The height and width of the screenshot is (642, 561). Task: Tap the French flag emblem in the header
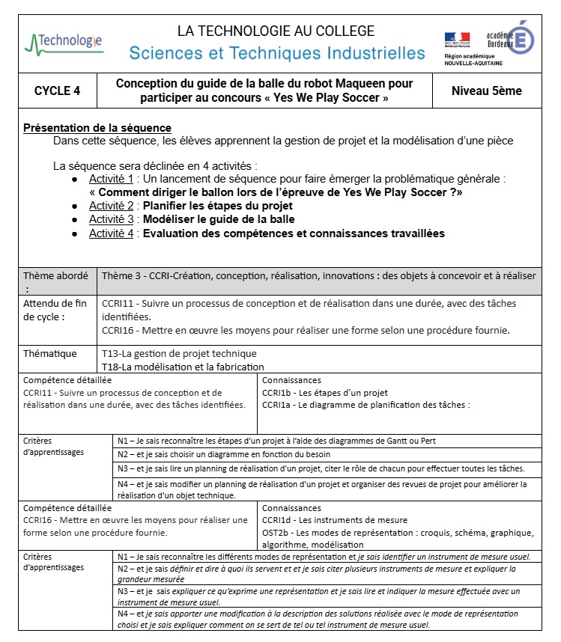click(457, 38)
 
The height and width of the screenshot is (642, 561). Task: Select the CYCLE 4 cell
click(57, 91)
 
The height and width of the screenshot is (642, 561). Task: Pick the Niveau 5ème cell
click(487, 91)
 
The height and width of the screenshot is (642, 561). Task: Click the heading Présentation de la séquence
click(97, 128)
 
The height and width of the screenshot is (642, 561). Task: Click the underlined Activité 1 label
click(111, 179)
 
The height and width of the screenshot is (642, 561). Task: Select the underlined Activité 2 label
click(111, 206)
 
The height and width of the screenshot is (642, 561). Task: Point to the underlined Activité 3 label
click(111, 219)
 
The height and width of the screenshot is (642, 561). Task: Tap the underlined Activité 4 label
click(111, 233)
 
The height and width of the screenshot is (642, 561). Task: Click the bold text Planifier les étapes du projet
click(218, 206)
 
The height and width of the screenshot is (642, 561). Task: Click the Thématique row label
click(49, 353)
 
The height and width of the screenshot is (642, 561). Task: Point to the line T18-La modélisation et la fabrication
click(183, 367)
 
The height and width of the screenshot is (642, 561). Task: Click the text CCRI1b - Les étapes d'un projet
click(324, 393)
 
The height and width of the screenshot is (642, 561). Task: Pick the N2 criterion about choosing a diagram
click(223, 454)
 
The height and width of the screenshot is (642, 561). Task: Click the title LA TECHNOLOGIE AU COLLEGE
click(276, 31)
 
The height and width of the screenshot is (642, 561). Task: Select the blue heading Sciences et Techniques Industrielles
click(276, 53)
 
